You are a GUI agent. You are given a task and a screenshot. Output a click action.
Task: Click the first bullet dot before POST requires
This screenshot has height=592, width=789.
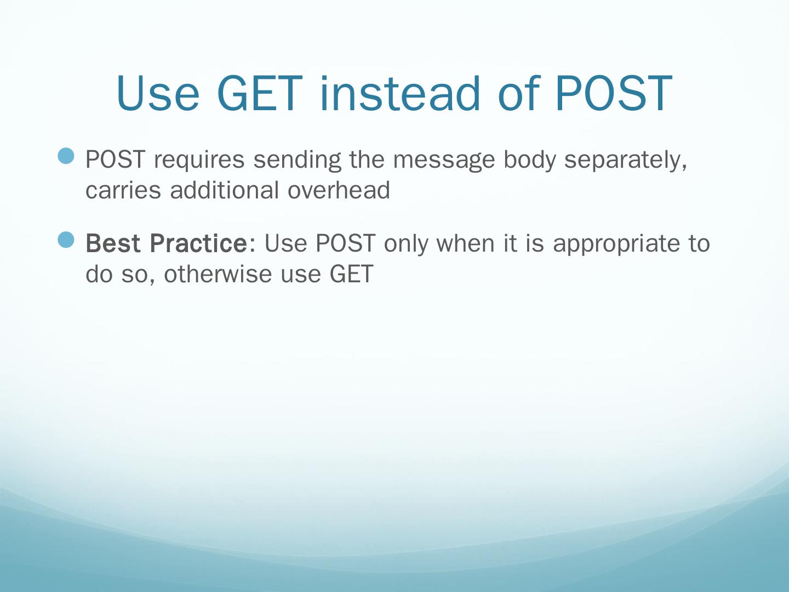click(66, 156)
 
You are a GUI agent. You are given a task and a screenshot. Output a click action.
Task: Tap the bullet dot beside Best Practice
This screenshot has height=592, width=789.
click(66, 240)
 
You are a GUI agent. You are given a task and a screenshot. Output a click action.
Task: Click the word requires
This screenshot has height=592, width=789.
click(199, 161)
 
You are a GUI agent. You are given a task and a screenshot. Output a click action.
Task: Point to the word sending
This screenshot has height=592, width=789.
click(298, 160)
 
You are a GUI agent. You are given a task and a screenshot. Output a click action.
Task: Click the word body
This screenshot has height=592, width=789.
click(530, 160)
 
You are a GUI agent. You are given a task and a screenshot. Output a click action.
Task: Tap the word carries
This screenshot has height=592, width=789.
click(123, 191)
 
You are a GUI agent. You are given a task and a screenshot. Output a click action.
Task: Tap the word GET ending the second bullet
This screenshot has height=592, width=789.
click(352, 274)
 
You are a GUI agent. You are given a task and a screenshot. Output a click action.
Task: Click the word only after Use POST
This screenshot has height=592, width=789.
click(406, 244)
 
